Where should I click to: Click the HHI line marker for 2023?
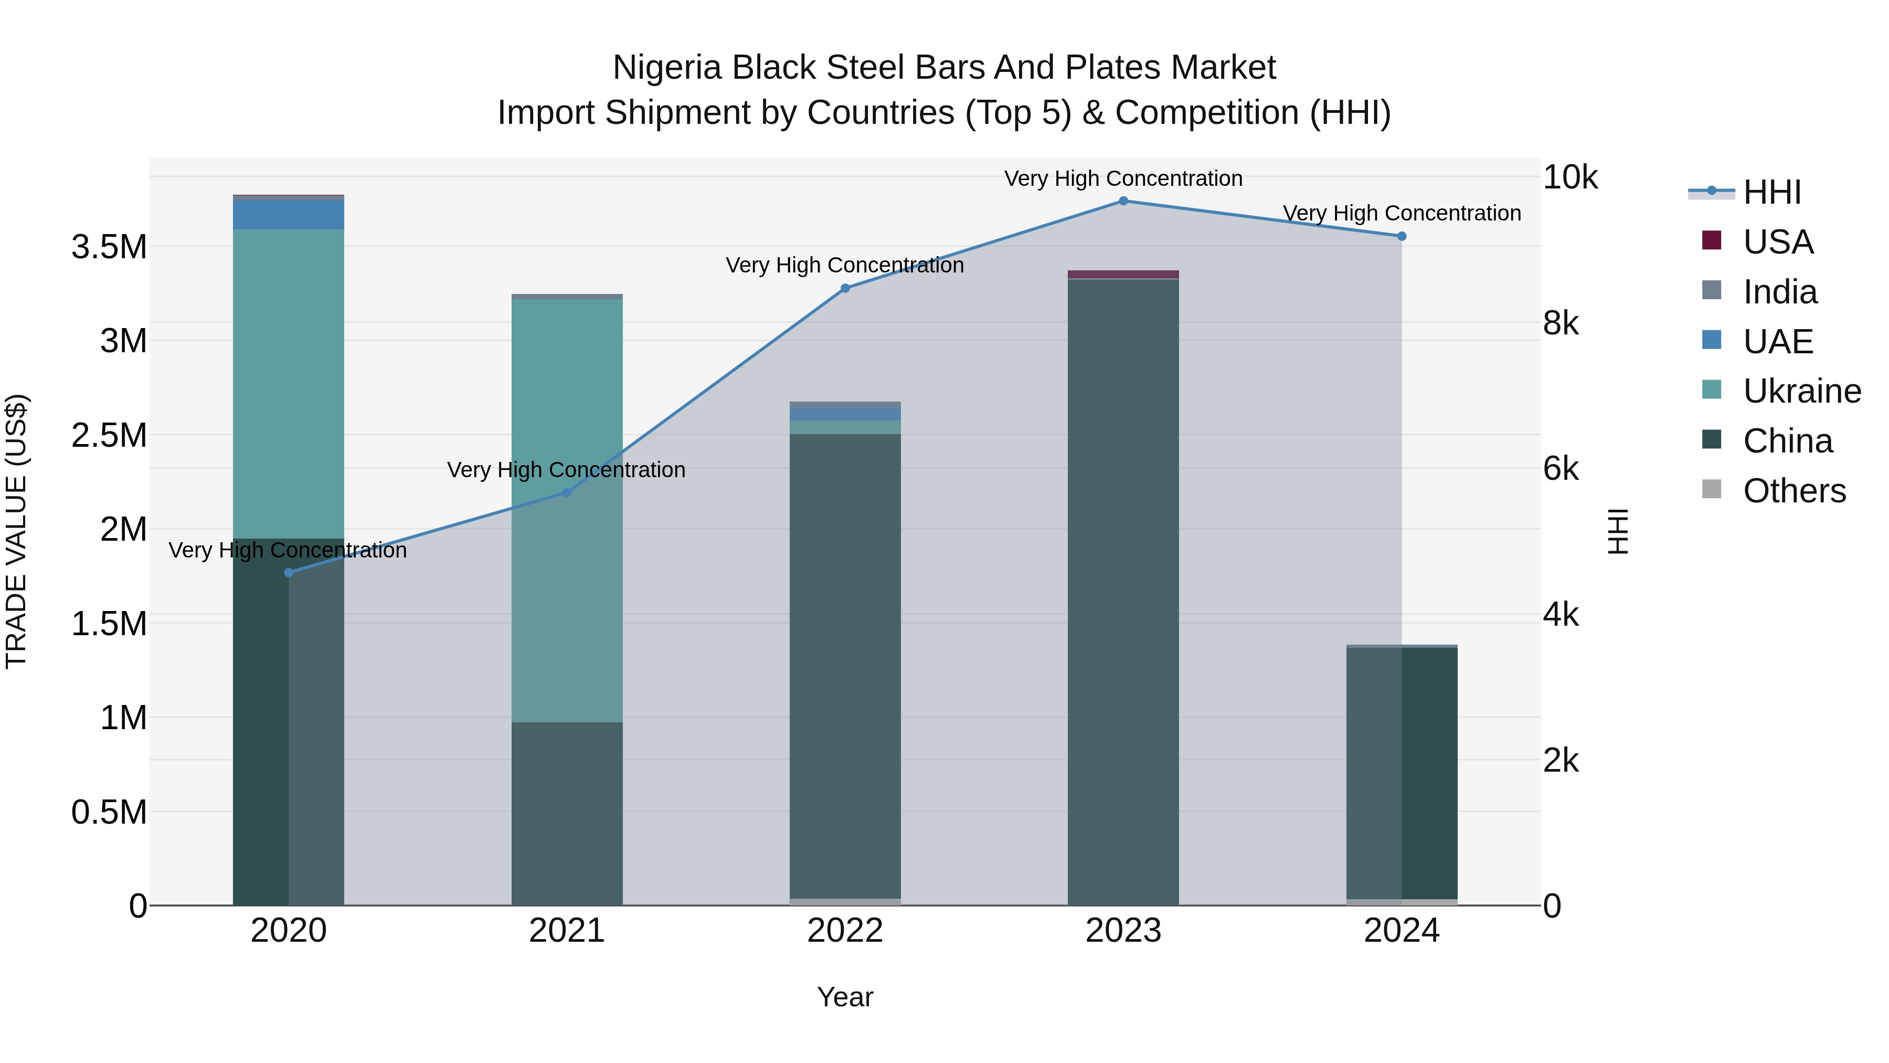click(1123, 201)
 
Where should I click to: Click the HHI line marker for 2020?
click(288, 572)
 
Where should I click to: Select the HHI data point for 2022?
click(845, 288)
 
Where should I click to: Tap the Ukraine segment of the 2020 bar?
click(288, 382)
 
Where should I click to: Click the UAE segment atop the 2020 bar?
click(288, 215)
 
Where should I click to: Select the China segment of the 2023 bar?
click(1123, 587)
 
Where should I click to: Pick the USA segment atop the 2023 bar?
click(1123, 275)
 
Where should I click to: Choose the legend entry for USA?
click(1778, 242)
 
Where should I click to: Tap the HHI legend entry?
click(1771, 192)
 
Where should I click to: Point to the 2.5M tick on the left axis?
click(109, 435)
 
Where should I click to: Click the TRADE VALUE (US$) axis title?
click(16, 531)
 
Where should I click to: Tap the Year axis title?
click(845, 997)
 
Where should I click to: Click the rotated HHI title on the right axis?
click(1618, 531)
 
